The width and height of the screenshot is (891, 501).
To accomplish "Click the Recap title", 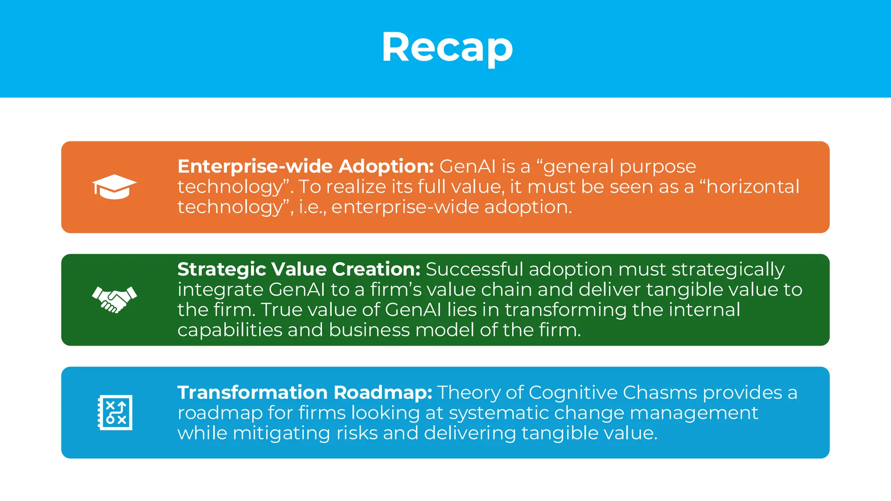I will pyautogui.click(x=447, y=48).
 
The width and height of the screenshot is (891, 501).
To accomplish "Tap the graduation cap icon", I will pyautogui.click(x=114, y=187).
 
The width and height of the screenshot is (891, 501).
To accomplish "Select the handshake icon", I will pyautogui.click(x=114, y=300).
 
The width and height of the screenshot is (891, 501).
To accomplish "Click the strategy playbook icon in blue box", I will pyautogui.click(x=115, y=412).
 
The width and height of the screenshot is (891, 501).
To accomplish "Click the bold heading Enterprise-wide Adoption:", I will pyautogui.click(x=305, y=167).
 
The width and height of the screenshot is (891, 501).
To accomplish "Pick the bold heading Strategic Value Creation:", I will pyautogui.click(x=298, y=269).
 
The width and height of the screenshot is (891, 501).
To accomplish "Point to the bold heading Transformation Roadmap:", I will pyautogui.click(x=305, y=392).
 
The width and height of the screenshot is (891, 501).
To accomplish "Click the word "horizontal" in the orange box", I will pyautogui.click(x=752, y=187).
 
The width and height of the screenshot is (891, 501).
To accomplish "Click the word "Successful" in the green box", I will pyautogui.click(x=474, y=269).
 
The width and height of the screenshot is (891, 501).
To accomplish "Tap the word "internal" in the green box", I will pyautogui.click(x=704, y=310).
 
